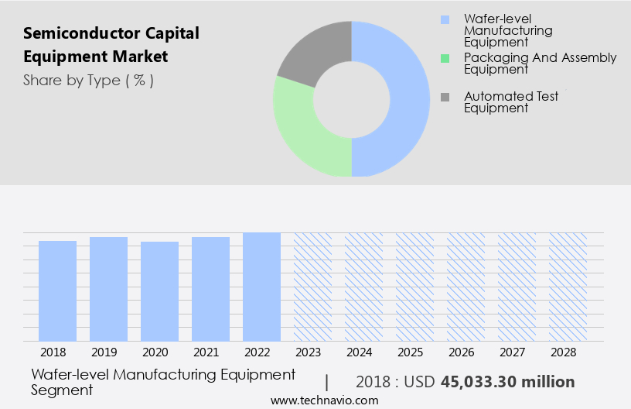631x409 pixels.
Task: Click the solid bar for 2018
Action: pos(57,290)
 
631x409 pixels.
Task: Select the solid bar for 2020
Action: pos(159,291)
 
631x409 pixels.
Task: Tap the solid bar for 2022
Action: pos(261,287)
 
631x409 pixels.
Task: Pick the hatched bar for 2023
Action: pos(312,287)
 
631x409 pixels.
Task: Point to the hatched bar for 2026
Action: pos(466,287)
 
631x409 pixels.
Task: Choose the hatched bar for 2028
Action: pos(568,287)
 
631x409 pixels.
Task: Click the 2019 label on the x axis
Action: pos(108,352)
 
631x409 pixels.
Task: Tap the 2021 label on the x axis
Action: pos(210,352)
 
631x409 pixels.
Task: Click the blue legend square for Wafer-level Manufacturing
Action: pos(444,19)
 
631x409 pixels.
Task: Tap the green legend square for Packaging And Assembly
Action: pos(444,58)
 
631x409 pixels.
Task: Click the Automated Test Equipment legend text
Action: pos(510,102)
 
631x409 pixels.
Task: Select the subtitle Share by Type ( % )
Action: pos(88,80)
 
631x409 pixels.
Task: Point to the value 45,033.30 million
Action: pos(507,382)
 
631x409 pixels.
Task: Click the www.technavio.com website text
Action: pos(325,400)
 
